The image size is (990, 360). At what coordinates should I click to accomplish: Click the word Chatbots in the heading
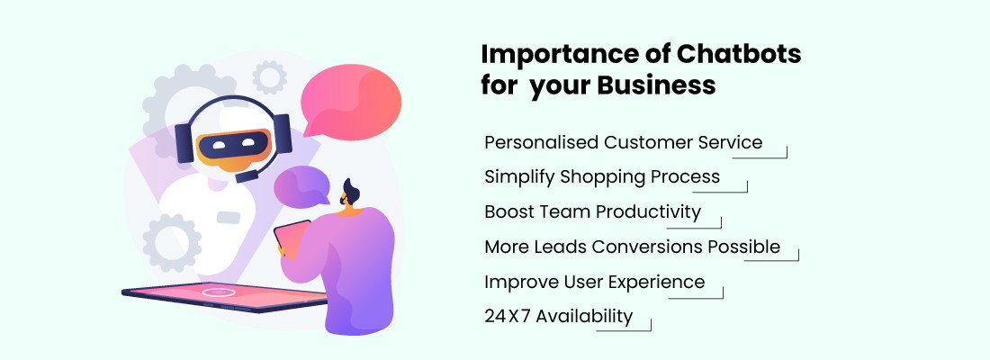[739, 54]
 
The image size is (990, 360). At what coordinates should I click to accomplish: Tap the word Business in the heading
[657, 85]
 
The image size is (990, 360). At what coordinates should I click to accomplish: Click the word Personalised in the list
[541, 142]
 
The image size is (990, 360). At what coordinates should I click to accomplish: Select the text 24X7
[507, 316]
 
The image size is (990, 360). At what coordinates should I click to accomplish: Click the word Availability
[584, 317]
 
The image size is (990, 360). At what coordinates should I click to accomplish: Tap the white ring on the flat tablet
[219, 292]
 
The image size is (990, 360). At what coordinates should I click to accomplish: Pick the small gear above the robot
[270, 77]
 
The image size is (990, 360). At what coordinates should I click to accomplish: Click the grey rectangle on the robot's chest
[228, 218]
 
